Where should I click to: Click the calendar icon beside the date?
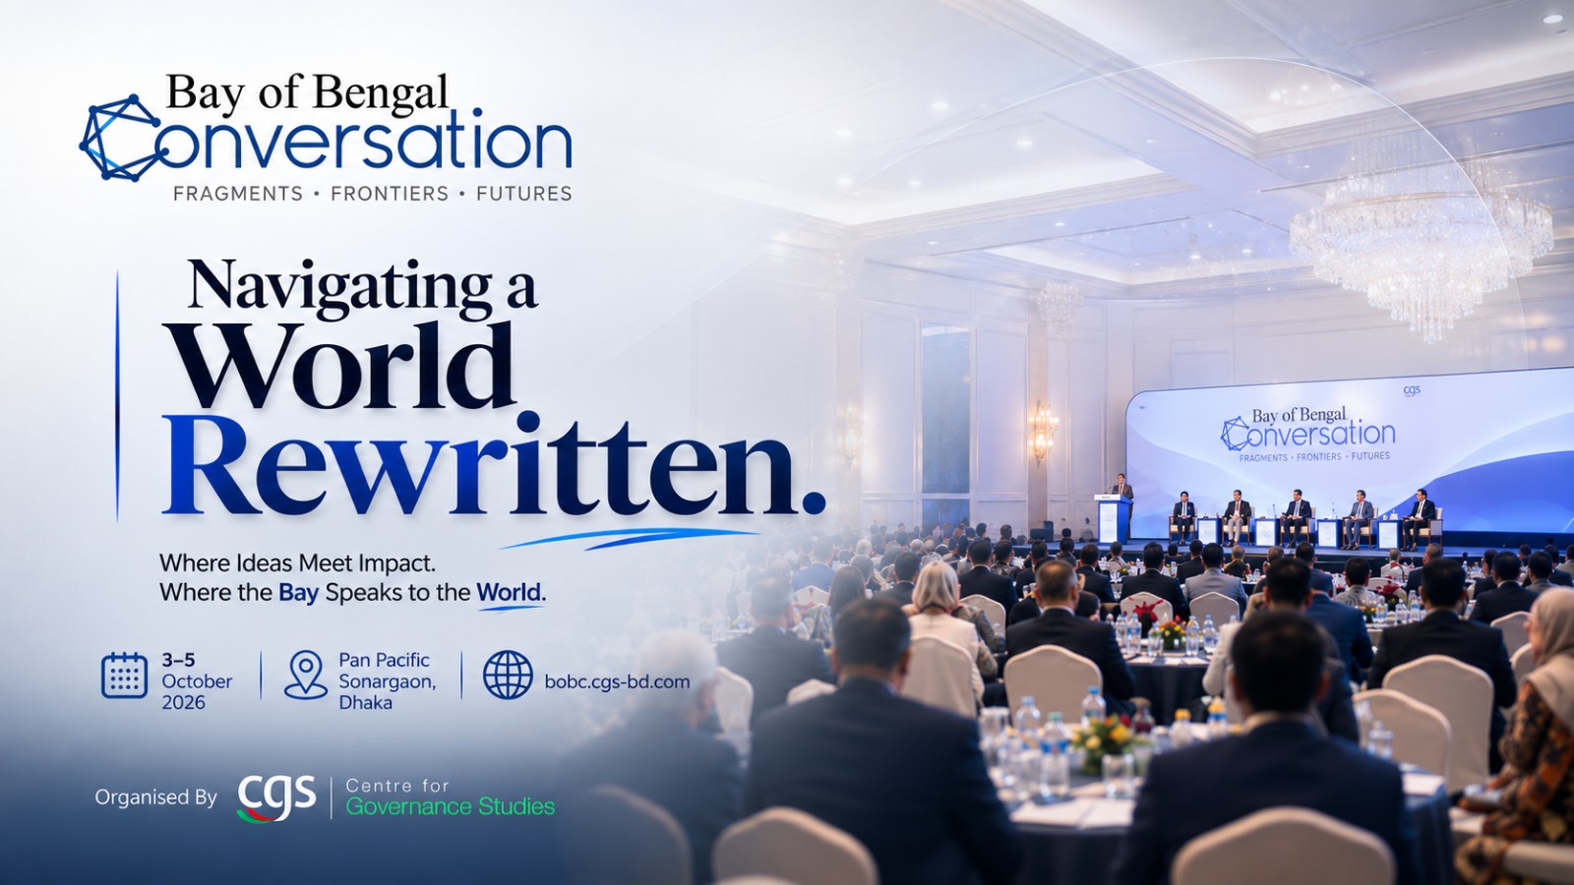click(124, 675)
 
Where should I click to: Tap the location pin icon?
click(306, 675)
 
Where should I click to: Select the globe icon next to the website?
click(508, 675)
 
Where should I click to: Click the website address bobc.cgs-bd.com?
click(617, 681)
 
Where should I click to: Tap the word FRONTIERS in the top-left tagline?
click(390, 193)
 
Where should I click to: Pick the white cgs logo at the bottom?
click(276, 797)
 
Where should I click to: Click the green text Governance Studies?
click(451, 806)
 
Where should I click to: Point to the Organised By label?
click(156, 797)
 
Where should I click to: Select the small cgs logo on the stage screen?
click(1412, 390)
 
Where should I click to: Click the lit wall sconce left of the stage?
click(1043, 429)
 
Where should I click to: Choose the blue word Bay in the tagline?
click(299, 592)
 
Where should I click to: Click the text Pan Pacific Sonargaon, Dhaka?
click(388, 680)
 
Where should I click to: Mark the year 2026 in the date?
click(183, 702)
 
